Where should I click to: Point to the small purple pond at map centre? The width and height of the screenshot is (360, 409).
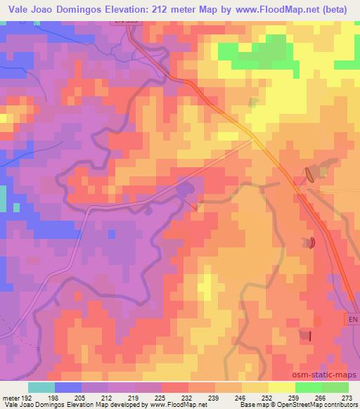[185, 189]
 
